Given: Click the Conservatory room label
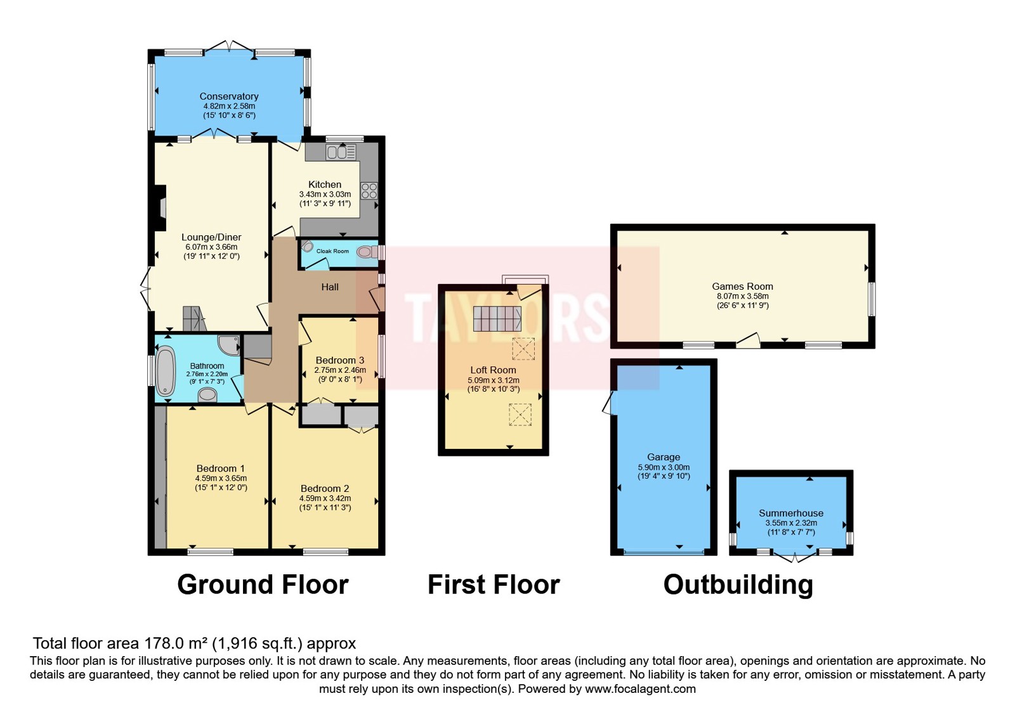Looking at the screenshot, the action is [229, 96].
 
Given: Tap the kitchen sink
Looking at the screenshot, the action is [341, 152].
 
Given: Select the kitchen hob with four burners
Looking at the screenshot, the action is [369, 191].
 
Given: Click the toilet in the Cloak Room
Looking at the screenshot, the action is [367, 252].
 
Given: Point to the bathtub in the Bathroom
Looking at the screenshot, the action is [166, 371].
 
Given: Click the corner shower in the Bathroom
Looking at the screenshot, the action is [229, 345].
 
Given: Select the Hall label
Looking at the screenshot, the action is [330, 287].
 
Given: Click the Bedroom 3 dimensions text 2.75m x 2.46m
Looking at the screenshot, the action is [340, 370].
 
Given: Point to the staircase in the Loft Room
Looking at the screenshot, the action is [497, 318].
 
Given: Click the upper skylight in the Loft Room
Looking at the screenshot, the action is [523, 349].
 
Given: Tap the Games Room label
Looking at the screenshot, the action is [742, 286].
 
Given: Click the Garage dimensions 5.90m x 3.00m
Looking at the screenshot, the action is [664, 467].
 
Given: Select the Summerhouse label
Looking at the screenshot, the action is [790, 513].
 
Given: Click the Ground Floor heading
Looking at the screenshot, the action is [263, 584].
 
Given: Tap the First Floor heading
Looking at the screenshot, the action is [494, 584].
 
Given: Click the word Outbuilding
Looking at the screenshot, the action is [738, 584].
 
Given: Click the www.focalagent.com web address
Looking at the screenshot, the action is [640, 688].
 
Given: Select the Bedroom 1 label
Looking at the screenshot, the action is [221, 468].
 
